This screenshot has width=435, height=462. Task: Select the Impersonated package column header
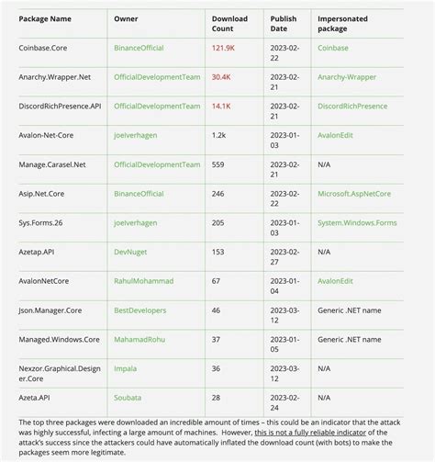[x=344, y=22]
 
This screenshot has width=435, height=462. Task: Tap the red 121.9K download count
[x=223, y=47]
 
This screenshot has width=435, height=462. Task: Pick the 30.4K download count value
[x=221, y=77]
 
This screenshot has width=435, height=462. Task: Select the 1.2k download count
[x=218, y=135]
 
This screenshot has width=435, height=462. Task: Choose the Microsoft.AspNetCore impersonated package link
[x=354, y=194]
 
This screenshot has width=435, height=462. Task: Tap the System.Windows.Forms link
[x=356, y=222]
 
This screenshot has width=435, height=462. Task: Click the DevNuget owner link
[x=131, y=252]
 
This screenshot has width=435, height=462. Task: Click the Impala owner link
[x=125, y=368]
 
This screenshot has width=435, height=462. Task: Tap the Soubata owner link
[x=128, y=397]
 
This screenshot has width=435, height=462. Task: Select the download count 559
[x=217, y=164]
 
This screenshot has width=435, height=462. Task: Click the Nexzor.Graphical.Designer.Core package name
[x=58, y=373]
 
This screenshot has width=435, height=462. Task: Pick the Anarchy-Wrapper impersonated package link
[x=347, y=77]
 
